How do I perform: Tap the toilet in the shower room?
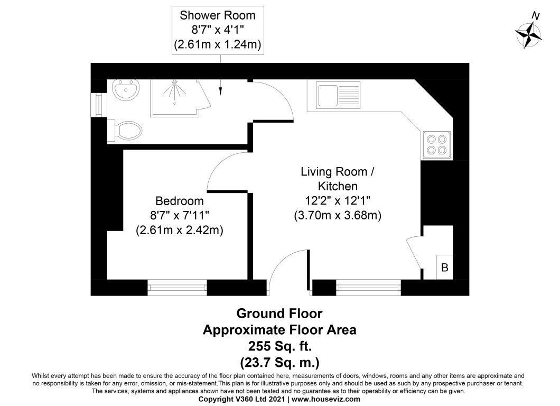click(126, 130)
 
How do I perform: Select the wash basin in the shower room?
click(126, 90)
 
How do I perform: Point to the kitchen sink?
click(339, 95)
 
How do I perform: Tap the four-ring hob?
click(437, 144)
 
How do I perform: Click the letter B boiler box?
click(444, 268)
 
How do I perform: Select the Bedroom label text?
click(180, 201)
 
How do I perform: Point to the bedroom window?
click(177, 288)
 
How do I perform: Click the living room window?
click(368, 288)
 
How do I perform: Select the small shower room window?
click(98, 104)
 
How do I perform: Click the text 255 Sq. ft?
click(280, 346)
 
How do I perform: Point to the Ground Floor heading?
click(279, 313)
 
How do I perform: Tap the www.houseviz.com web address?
click(326, 400)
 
